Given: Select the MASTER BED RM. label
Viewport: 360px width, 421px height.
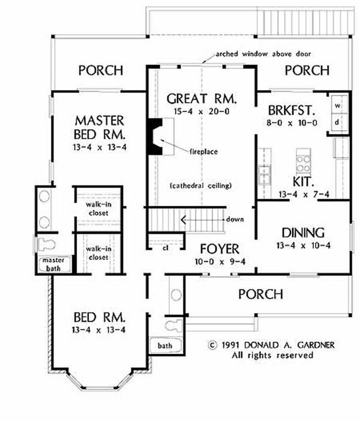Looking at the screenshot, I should click(100, 125).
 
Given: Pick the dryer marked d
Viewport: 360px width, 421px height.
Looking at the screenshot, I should click(337, 121).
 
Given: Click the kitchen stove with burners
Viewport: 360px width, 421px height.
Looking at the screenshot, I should click(302, 160).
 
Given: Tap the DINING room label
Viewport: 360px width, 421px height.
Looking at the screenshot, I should click(302, 232).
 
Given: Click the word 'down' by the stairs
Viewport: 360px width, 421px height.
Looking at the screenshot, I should click(235, 219).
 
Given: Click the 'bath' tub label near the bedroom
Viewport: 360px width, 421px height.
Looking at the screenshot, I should click(164, 346).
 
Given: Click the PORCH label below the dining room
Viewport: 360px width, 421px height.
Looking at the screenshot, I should click(260, 294).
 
